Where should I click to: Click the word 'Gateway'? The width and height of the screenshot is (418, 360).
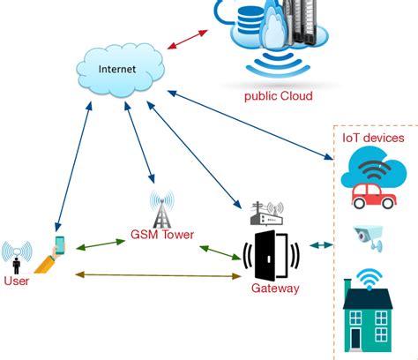pos(274,289)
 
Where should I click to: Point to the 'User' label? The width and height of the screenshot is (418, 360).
pos(16,281)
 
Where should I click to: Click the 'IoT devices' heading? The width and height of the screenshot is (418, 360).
pos(373,138)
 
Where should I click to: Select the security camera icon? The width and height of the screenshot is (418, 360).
pos(369,234)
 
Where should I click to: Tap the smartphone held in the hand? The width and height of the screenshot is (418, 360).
pos(60,244)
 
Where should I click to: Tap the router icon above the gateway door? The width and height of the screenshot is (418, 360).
pos(265,212)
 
